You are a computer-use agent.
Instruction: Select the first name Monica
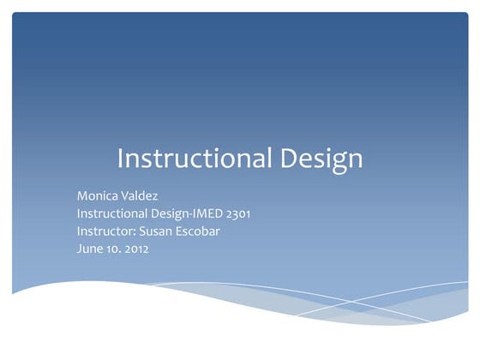[98, 196]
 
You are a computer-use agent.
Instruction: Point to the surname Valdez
[141, 196]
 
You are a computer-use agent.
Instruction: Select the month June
[90, 249]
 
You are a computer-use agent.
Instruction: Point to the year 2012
[135, 249]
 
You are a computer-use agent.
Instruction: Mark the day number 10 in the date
[114, 249]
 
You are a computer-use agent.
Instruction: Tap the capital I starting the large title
[119, 159]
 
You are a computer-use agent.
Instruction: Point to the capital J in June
[80, 249]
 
